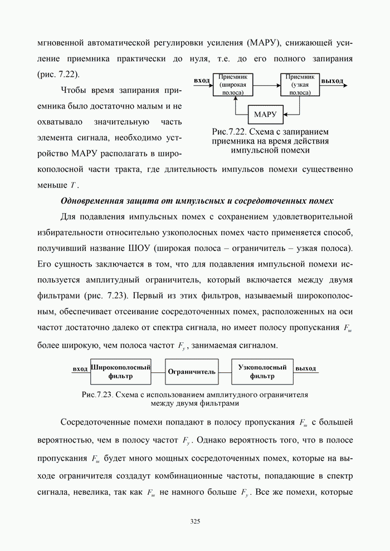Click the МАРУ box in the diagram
pos(265,115)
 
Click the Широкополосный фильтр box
pos(121,372)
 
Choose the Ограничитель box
pos(192,372)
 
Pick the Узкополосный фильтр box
pos(262,372)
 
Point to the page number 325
pos(195,522)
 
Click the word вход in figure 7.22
pos(202,81)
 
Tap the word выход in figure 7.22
pos(333,81)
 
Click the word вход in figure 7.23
pos(80,368)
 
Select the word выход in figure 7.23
pos(305,368)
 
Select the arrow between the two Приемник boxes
pos(267,85)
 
